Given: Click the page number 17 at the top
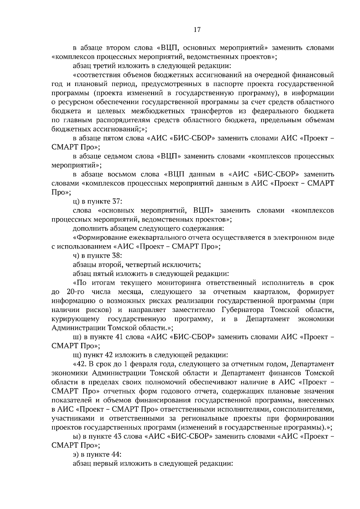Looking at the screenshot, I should [197, 29].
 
